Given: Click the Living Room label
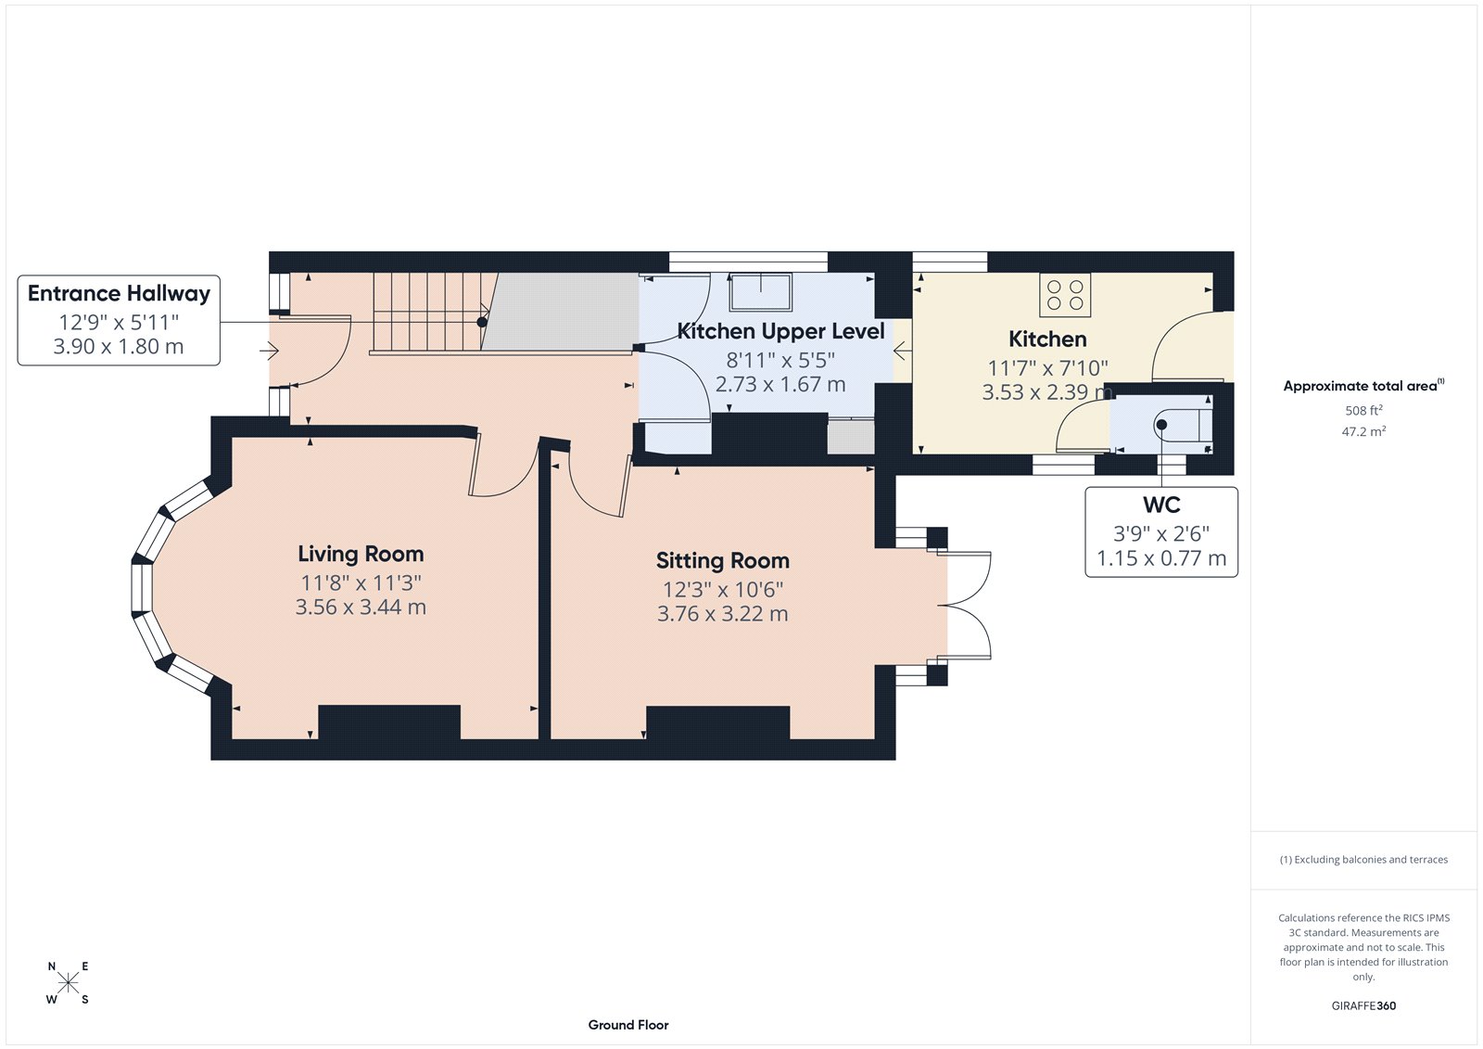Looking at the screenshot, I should coord(361,554).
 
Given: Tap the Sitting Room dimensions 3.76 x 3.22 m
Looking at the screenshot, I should coord(722,614).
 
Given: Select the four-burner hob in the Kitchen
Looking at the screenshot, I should coord(1065,295).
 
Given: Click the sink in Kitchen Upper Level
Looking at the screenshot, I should coord(761,291).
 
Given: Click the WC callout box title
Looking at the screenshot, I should coord(1161,505).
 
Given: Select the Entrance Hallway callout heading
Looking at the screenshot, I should coord(119,294).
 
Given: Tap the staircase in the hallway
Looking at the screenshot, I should coord(426,311).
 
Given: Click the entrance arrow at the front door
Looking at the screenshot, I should coord(270,351).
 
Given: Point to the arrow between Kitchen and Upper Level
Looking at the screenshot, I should coord(901,352).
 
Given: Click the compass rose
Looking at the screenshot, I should coord(68,983).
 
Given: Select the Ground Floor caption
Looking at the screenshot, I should coord(627,1025).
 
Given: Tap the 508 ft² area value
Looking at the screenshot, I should coord(1363,410).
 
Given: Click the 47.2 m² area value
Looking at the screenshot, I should coord(1363,431).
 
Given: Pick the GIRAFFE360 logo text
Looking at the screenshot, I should coord(1363,1005).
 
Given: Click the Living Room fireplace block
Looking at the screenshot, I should coord(389,722).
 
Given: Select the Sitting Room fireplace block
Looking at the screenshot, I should coord(717,723).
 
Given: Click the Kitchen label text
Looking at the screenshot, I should coord(1047,339).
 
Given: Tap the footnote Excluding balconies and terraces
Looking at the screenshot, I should coord(1363,860).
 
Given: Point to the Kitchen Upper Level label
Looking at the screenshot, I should coord(780,331).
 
